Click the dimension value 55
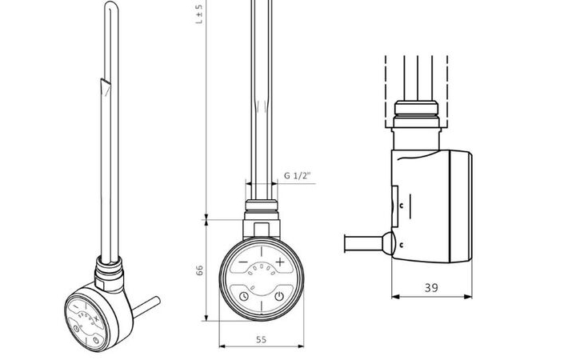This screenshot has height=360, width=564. tap(261, 339)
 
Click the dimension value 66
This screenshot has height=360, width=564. tap(200, 270)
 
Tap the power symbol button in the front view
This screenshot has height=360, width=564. tap(278, 297)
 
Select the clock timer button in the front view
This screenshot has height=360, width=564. tap(243, 297)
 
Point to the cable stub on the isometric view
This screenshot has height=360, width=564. tap(146, 304)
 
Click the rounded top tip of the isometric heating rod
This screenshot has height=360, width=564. tap(109, 7)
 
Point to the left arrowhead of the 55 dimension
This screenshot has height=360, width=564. tap(221, 346)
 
